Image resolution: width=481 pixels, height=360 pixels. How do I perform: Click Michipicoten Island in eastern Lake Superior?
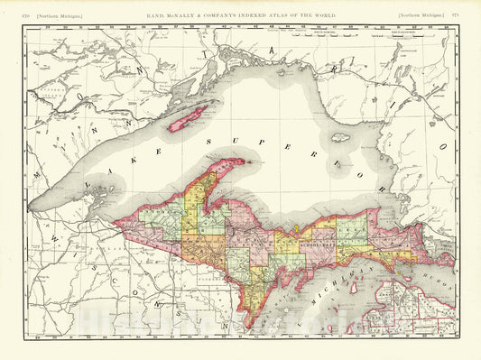point(340,137)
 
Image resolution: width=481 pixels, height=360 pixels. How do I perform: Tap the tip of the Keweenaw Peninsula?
point(241,162)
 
